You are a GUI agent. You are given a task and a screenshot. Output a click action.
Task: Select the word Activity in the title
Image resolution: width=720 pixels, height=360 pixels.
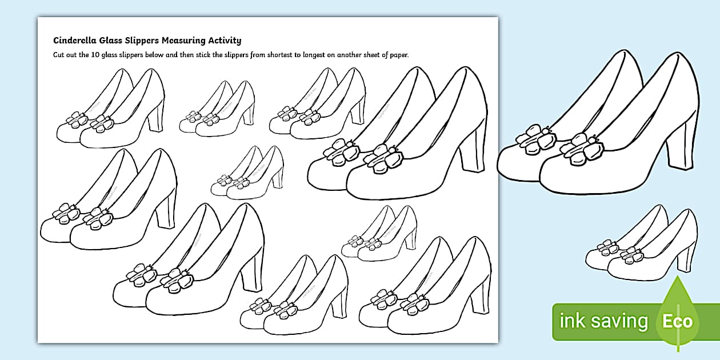224,41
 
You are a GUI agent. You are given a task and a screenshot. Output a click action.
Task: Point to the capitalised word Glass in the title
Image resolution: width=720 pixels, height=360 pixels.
110,41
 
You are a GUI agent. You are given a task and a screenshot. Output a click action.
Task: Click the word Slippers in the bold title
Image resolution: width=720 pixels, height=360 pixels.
142,41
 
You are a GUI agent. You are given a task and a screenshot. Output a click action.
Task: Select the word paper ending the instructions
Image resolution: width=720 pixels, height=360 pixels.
399,55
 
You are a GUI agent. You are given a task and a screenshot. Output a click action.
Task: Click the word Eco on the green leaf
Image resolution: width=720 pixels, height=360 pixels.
678,321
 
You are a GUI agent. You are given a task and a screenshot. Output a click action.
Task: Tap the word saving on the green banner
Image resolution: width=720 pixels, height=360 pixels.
619,321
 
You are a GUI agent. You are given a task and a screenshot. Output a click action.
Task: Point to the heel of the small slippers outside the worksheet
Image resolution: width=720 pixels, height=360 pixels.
685,260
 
